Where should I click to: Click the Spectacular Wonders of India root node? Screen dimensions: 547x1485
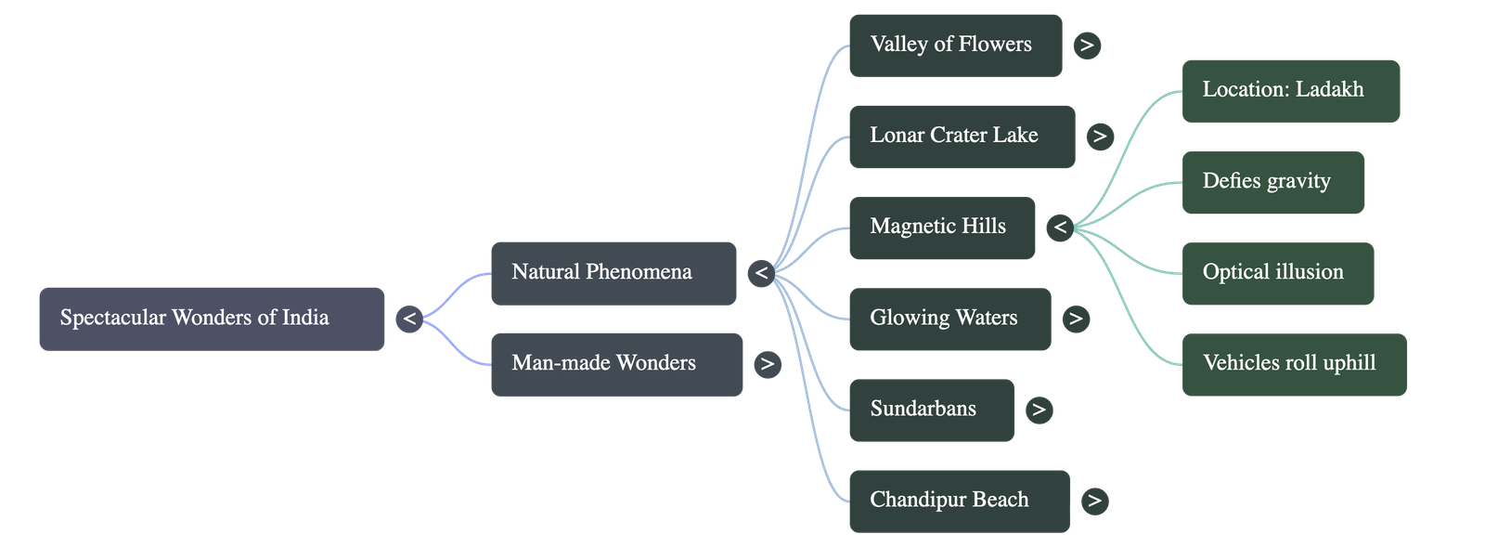tap(212, 319)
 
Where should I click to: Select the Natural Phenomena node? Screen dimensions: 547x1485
tap(613, 273)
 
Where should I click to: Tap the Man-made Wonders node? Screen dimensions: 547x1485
tap(616, 364)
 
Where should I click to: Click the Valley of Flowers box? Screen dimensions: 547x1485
tap(955, 45)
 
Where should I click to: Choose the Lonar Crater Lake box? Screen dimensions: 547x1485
tap(962, 136)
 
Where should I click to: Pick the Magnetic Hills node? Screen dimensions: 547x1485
tap(941, 228)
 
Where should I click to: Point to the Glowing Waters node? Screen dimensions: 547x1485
tap(949, 319)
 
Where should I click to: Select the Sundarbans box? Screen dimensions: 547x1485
tap(931, 410)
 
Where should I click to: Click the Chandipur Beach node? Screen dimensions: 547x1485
tap(959, 501)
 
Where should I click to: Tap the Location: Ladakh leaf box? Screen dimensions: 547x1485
tap(1290, 91)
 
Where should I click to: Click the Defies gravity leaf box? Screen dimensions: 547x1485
tap(1272, 182)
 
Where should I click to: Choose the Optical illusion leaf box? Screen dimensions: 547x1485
tap(1277, 273)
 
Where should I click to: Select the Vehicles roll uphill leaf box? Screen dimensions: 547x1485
tap(1294, 364)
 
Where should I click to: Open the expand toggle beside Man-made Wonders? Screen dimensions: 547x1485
tap(767, 364)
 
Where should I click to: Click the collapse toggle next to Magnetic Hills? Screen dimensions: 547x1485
tap(1059, 228)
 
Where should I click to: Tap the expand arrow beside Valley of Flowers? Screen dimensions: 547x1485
tap(1087, 45)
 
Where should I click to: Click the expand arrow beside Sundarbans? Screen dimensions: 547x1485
tap(1039, 410)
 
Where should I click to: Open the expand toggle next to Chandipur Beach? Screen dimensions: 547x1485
tap(1094, 501)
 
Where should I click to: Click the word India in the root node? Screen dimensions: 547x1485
tap(305, 318)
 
